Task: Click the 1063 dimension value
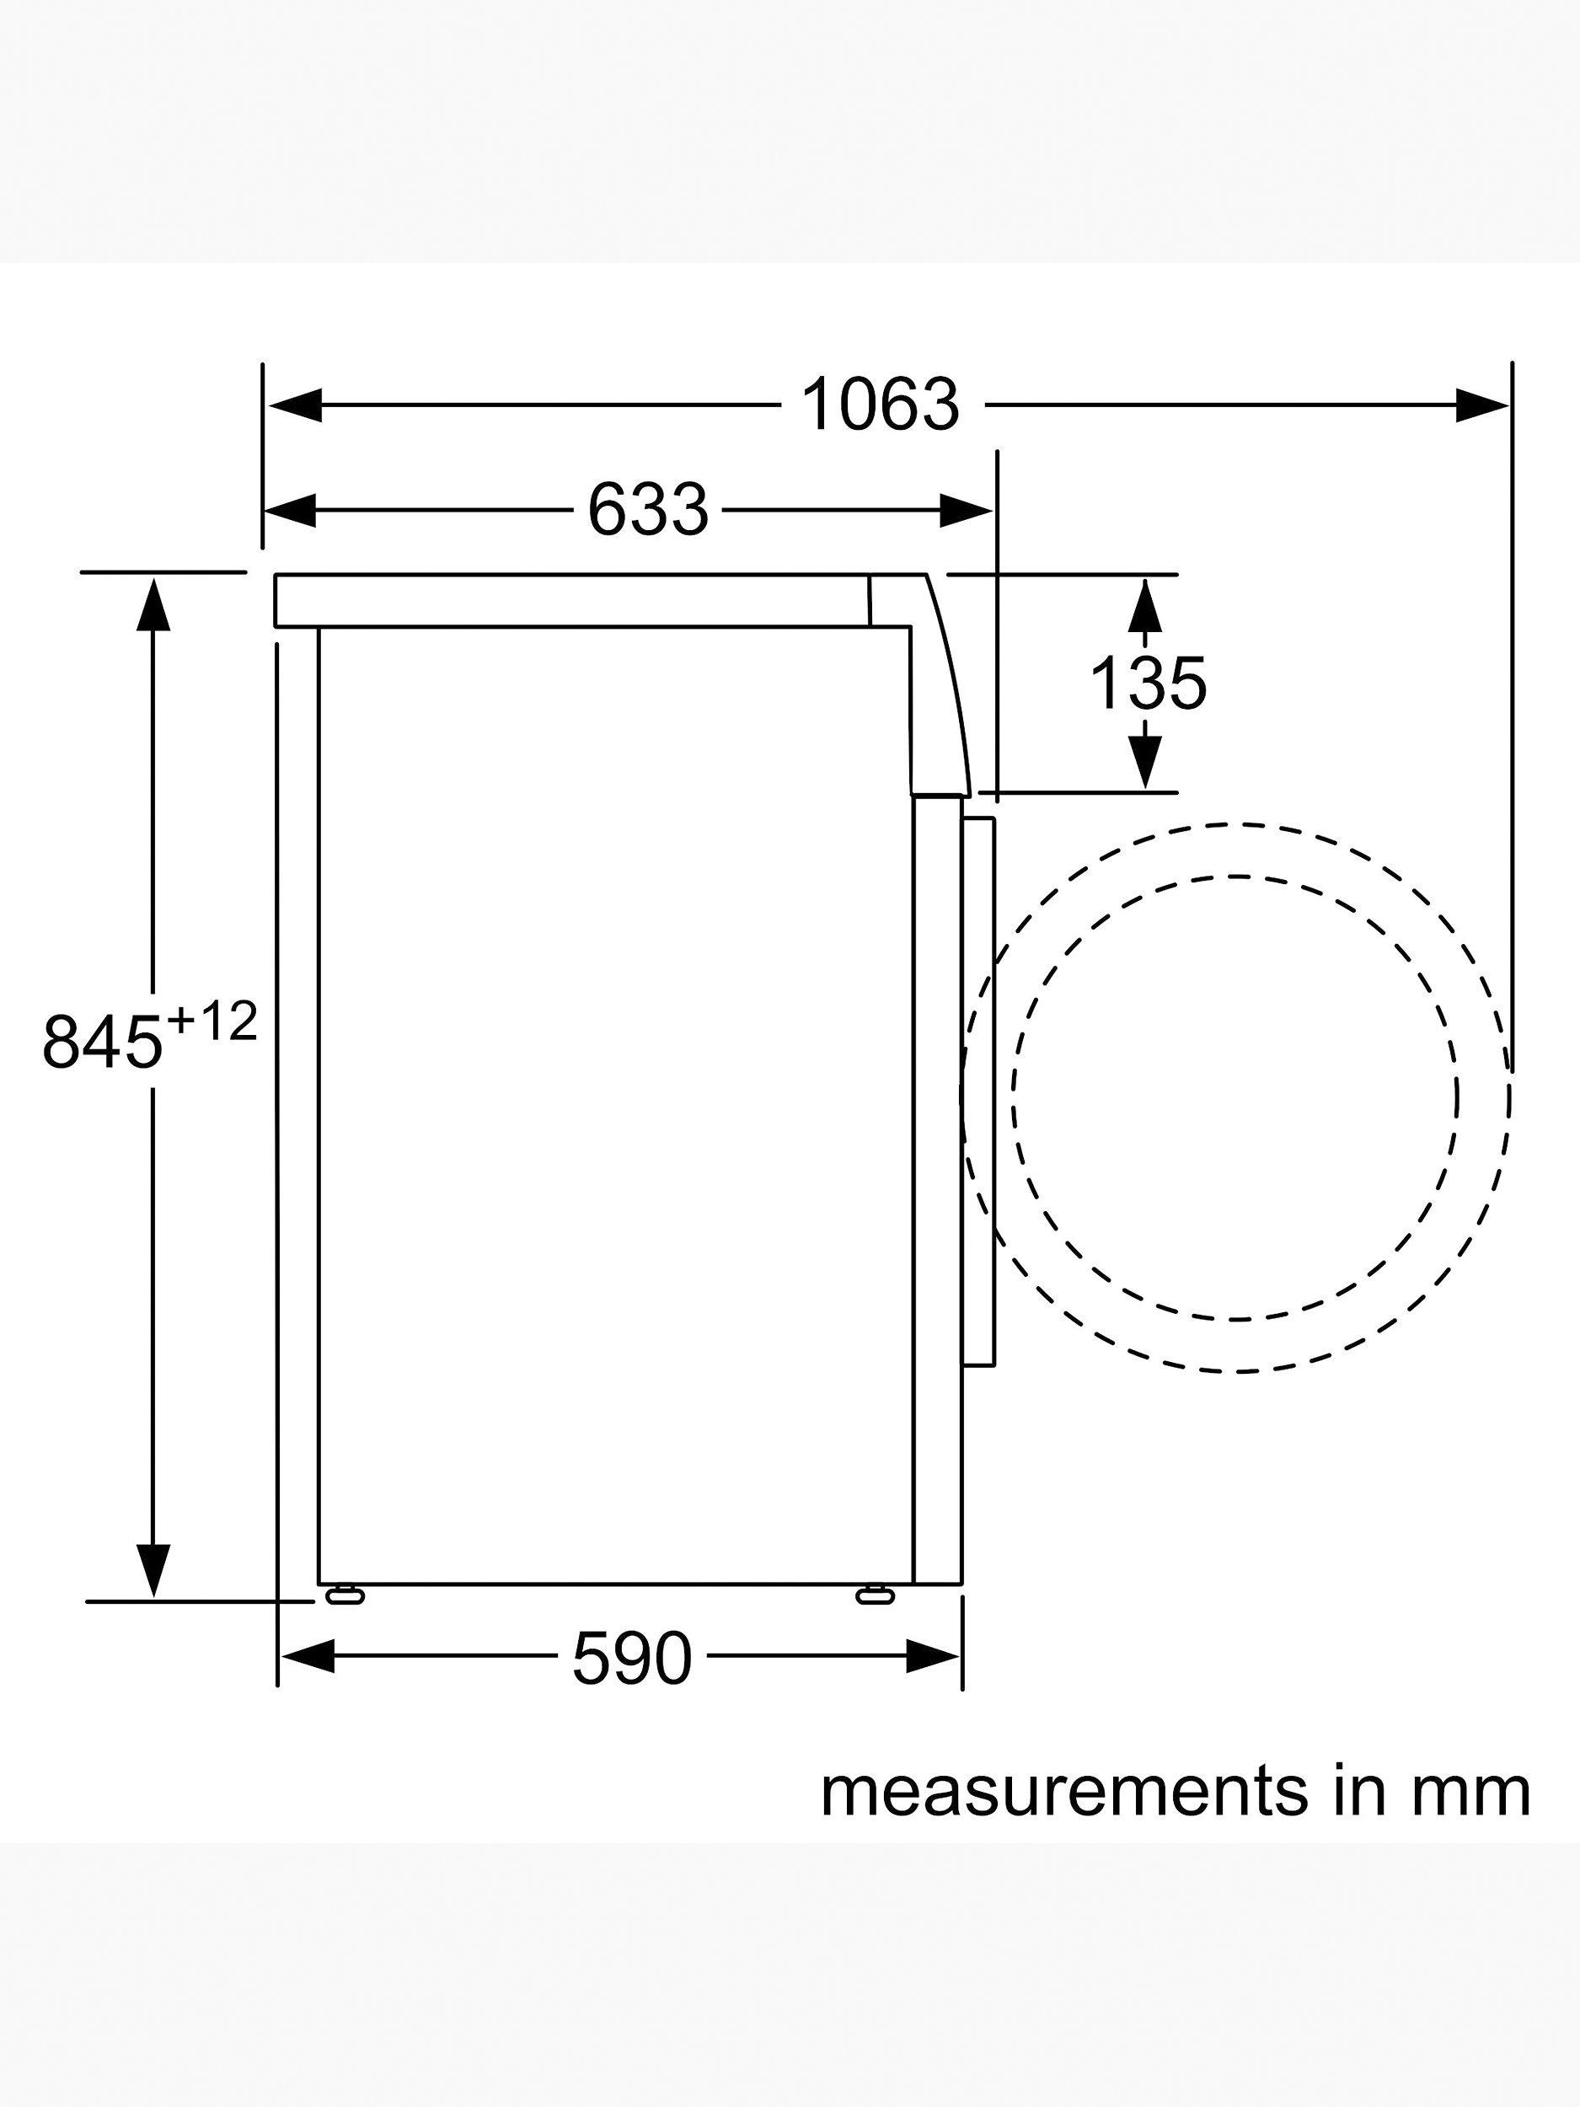880,405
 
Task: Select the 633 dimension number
648,510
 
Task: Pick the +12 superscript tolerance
212,1023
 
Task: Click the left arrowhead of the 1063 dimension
294,405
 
